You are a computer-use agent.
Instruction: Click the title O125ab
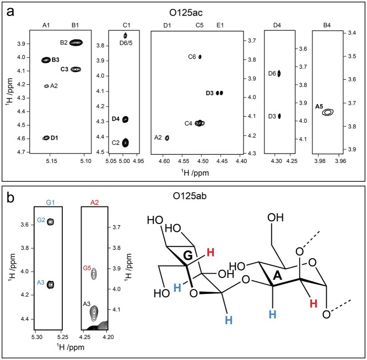click(x=183, y=195)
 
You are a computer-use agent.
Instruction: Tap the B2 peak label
click(x=64, y=42)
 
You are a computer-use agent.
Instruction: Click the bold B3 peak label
click(x=56, y=59)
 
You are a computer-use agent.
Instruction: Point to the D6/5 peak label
click(x=125, y=42)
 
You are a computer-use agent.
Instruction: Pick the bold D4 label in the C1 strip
click(x=115, y=119)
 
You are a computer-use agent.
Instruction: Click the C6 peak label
click(x=192, y=57)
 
